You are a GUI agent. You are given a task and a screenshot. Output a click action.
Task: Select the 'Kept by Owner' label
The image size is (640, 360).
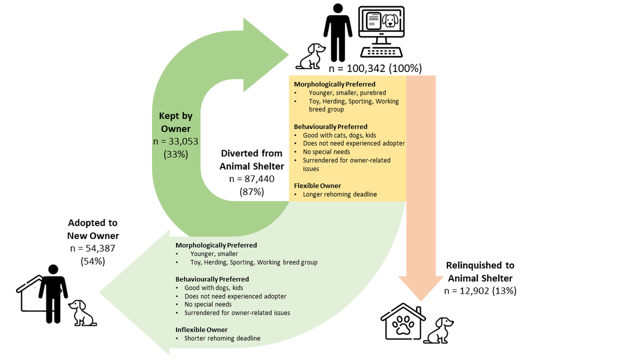click(175, 122)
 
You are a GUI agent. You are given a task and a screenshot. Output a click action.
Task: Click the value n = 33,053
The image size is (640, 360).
click(175, 141)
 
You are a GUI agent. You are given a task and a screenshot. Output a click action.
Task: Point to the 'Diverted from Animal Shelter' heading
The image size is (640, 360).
click(251, 159)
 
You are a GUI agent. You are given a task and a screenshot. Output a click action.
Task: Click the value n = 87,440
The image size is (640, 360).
click(251, 179)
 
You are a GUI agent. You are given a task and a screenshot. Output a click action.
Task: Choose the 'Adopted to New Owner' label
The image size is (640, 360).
click(93, 229)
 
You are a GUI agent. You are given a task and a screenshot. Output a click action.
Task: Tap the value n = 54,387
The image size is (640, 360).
click(93, 248)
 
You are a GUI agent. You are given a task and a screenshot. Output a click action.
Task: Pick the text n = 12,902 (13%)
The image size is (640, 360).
click(480, 291)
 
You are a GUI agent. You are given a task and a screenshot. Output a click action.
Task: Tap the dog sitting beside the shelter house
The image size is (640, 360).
click(440, 330)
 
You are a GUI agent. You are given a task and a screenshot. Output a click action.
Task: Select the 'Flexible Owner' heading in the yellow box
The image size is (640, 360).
click(317, 186)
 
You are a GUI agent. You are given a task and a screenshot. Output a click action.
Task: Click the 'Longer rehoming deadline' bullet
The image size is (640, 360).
click(340, 194)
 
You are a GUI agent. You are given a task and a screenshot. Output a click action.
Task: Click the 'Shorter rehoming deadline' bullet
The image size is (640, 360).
click(222, 338)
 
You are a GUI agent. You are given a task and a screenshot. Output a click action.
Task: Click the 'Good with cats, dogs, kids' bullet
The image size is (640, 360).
click(339, 135)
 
